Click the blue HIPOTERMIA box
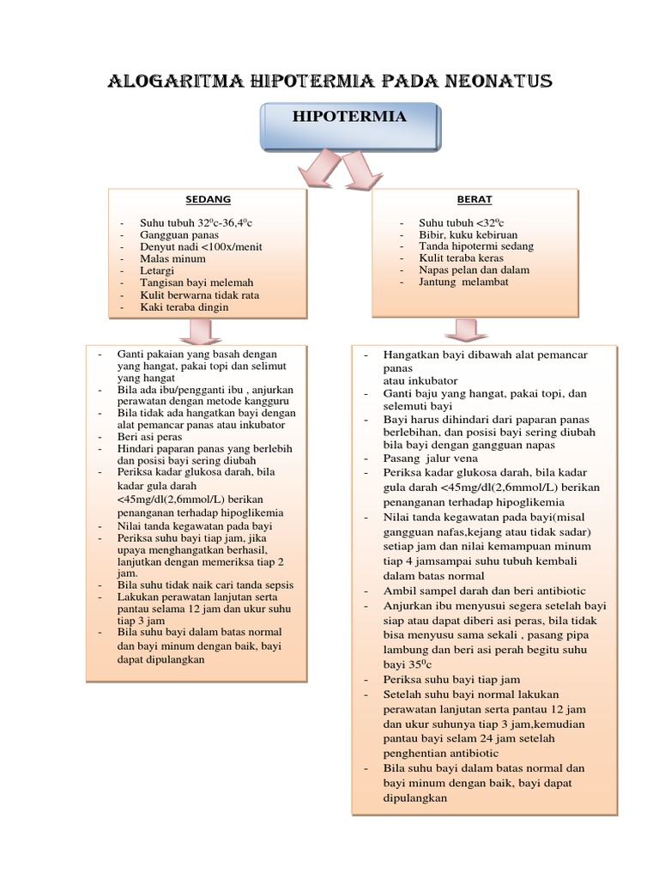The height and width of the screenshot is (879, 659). coord(349,125)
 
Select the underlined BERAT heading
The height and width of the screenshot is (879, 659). coord(475,199)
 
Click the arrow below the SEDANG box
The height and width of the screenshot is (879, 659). coord(202,330)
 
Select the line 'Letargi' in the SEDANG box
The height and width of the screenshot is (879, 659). coord(158,270)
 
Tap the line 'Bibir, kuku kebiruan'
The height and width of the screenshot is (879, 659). coord(468,234)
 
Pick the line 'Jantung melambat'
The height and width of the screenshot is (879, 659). coord(464,282)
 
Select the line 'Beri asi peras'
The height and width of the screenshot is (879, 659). coord(151,437)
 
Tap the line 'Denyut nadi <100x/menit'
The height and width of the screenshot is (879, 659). coord(201,246)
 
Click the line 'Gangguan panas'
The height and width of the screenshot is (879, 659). coord(179,234)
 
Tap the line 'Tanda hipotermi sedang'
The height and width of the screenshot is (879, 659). coord(475,246)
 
